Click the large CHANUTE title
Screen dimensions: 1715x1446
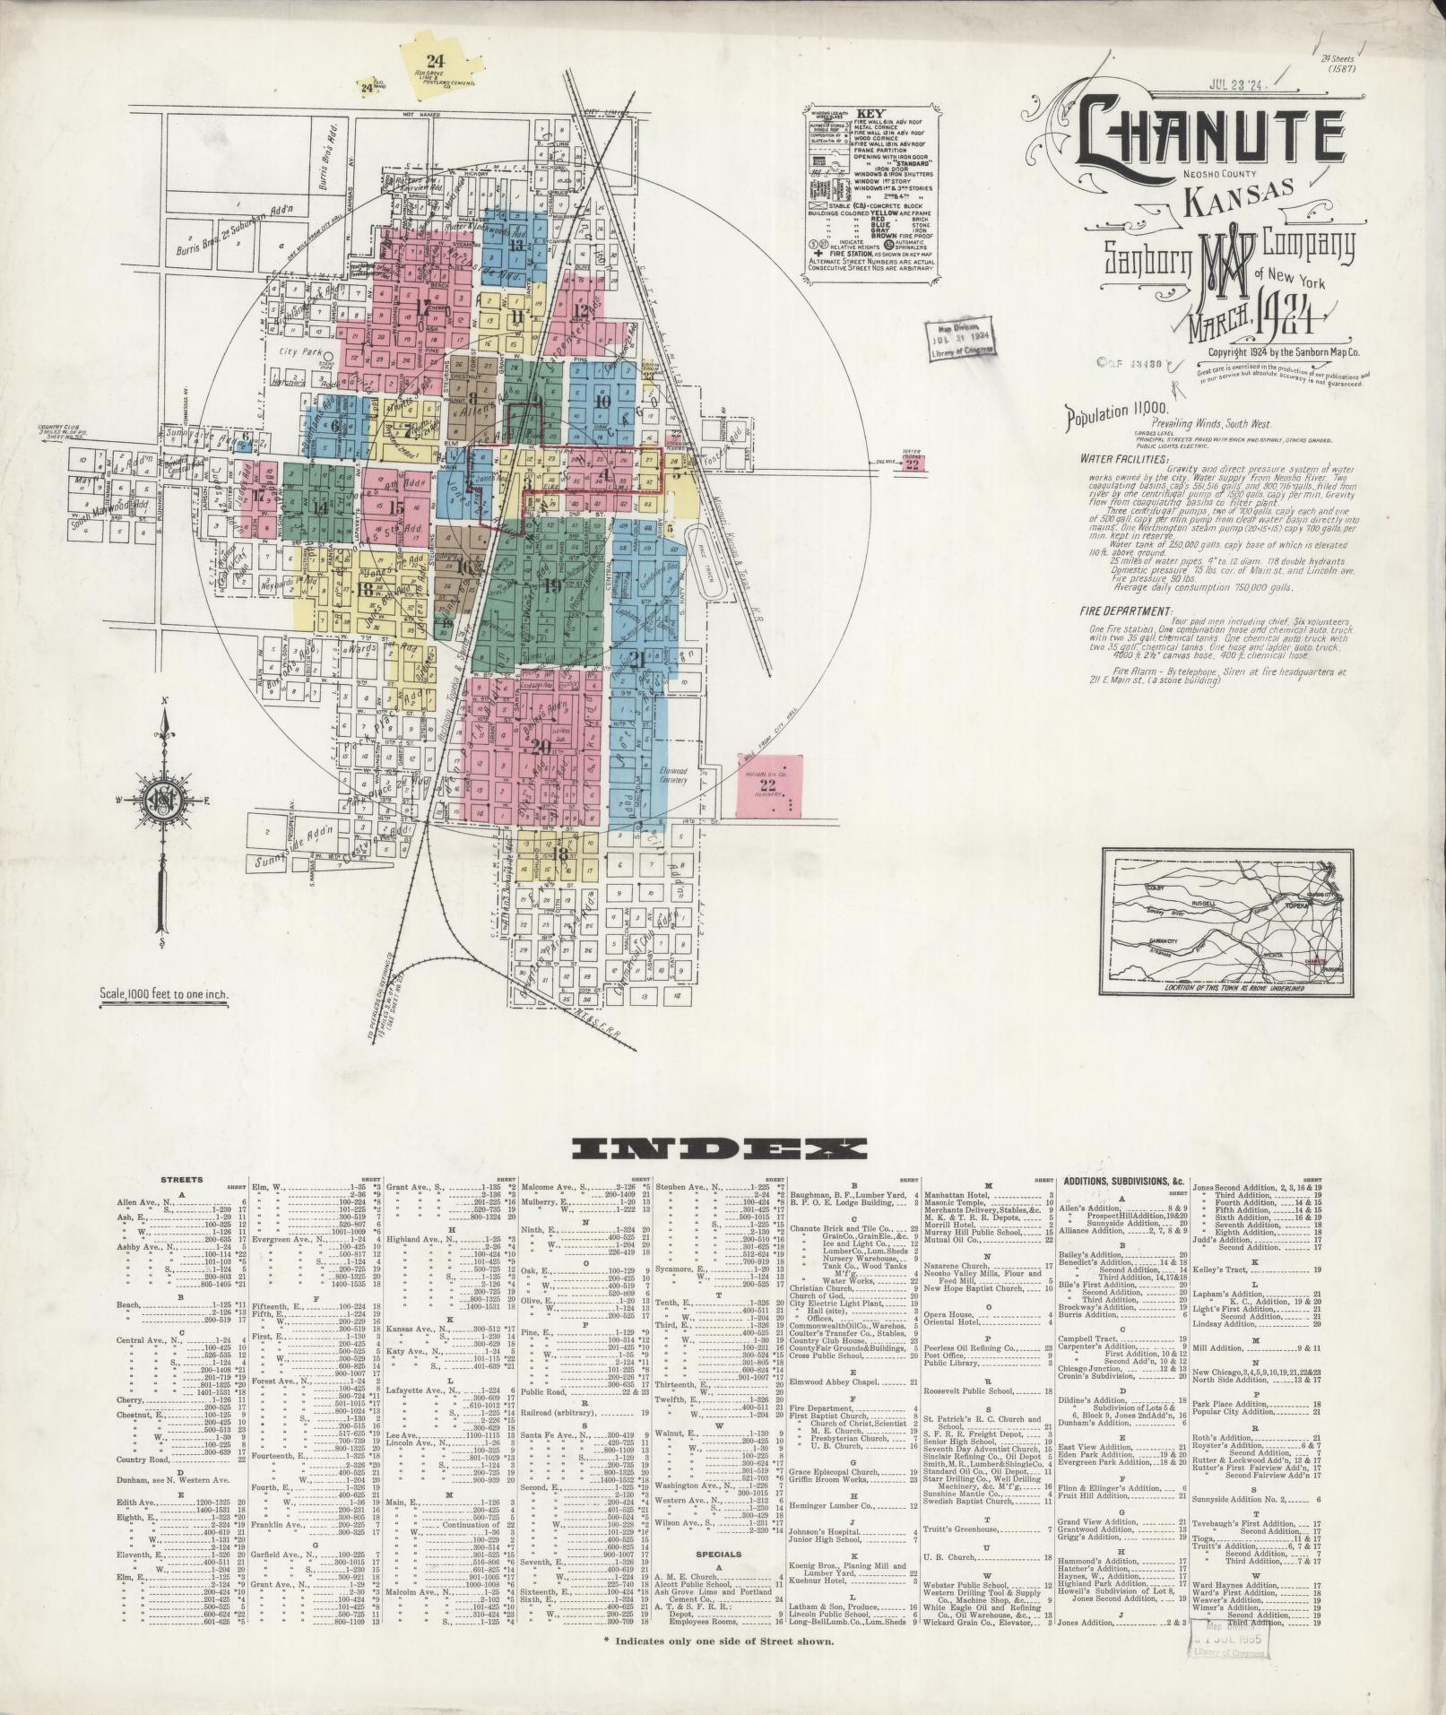point(1210,135)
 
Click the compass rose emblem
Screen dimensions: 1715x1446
point(162,801)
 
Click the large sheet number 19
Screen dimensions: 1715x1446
point(551,587)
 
